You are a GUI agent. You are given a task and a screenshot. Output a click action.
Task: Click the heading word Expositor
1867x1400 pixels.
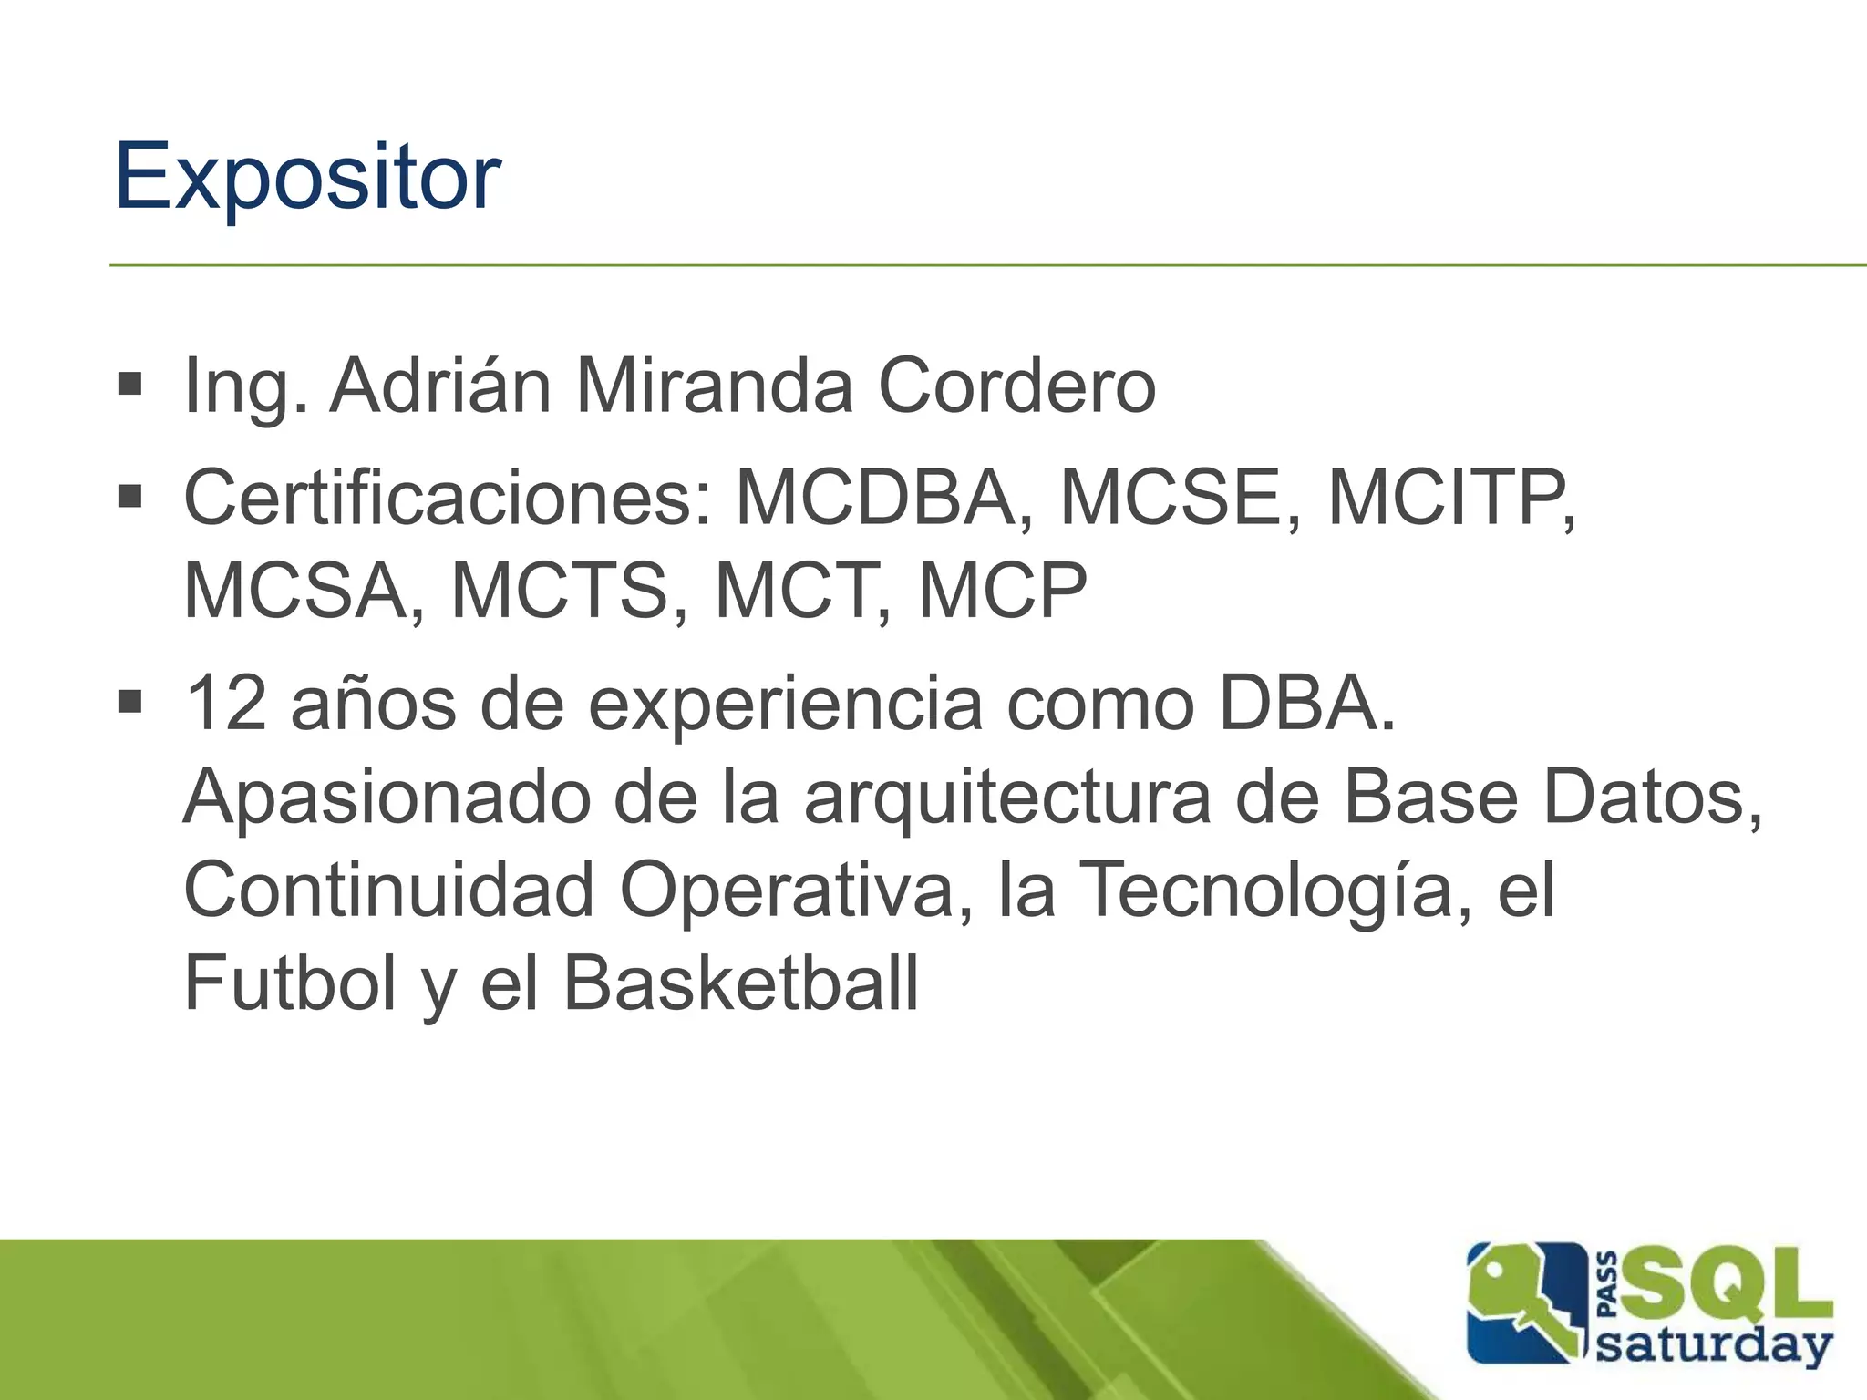pos(307,178)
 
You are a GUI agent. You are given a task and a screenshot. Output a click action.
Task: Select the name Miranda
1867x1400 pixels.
pos(714,386)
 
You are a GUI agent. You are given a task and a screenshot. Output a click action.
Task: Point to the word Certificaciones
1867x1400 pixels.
pos(447,498)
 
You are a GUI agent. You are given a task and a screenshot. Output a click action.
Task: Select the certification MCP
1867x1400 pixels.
pos(1002,591)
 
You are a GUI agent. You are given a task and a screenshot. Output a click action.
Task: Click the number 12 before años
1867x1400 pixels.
pos(226,704)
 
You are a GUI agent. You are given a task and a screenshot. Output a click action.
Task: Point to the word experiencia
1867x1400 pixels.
pos(785,705)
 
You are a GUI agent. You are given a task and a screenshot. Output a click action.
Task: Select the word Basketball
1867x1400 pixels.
pos(740,984)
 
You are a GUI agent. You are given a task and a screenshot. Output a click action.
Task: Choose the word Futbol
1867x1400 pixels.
pos(290,984)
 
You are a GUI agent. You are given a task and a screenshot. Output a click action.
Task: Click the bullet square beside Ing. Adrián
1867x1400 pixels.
pos(130,385)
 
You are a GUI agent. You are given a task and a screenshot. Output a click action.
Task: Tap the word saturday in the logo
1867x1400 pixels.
pos(1714,1345)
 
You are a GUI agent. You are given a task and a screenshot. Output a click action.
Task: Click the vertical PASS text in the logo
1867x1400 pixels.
pos(1608,1284)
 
